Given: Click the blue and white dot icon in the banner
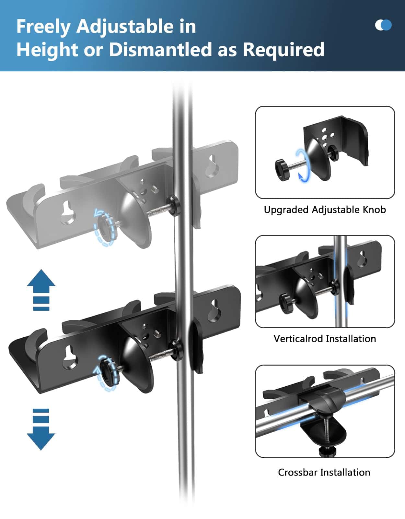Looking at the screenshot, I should click(x=383, y=25).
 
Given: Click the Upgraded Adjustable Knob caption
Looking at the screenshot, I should click(x=325, y=210).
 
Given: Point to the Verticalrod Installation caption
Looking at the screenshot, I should click(x=325, y=339).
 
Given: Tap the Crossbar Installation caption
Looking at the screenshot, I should click(x=324, y=472).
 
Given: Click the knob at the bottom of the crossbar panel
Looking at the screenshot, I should click(x=327, y=451).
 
